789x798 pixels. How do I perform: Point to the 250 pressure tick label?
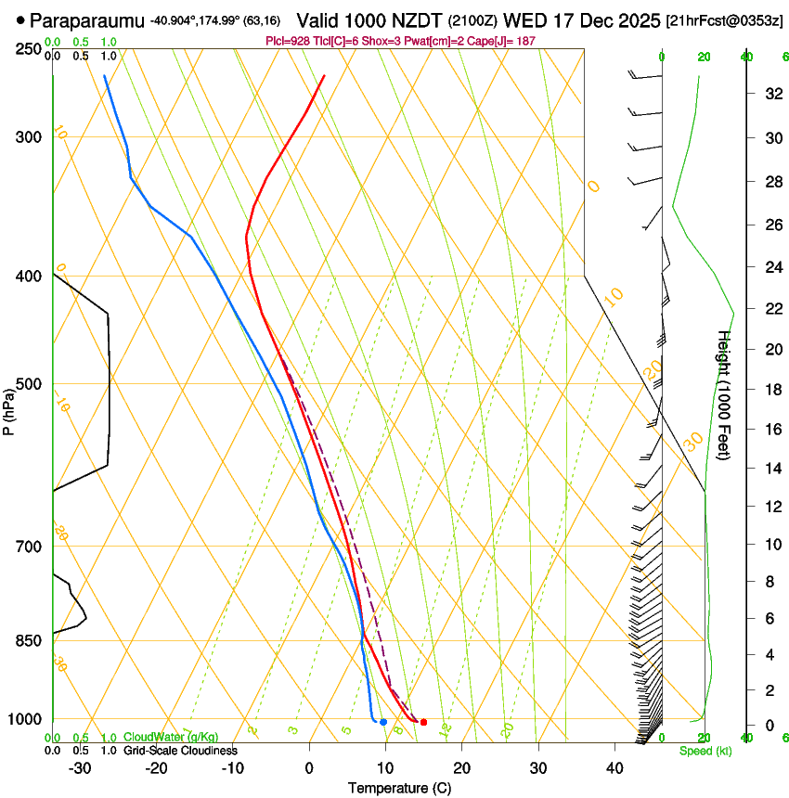27,48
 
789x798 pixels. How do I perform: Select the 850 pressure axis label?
27,640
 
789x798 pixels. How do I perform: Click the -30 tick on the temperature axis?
80,768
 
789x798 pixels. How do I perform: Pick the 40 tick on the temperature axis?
614,768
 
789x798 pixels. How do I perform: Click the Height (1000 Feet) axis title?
725,395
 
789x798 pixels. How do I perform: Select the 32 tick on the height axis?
772,94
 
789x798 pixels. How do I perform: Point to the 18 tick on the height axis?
772,390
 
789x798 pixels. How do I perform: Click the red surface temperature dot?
423,722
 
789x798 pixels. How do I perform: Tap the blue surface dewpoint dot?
383,722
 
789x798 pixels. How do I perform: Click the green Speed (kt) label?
705,751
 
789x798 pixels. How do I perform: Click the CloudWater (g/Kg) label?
166,738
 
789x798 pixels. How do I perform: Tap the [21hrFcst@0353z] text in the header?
725,19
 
